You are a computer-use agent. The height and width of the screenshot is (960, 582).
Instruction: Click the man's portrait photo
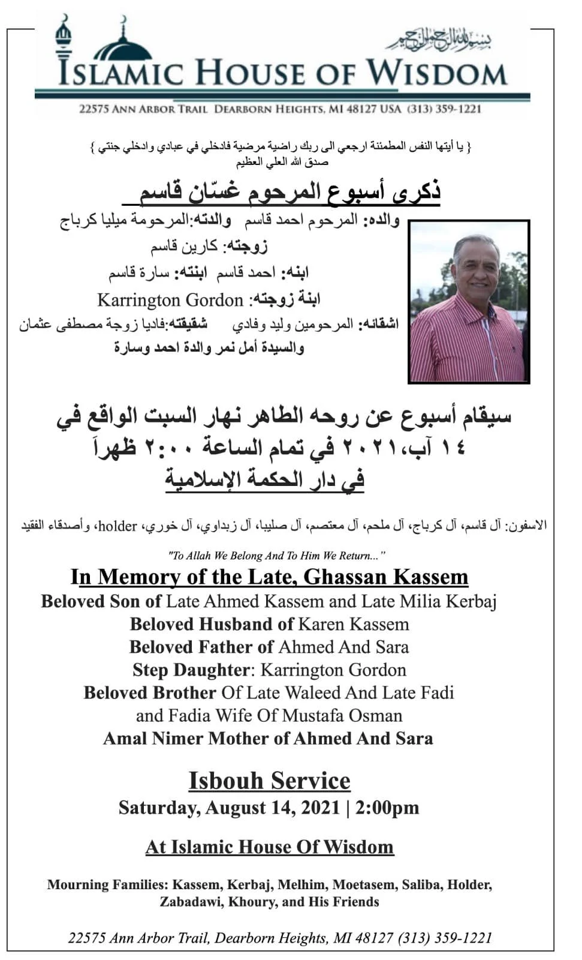coord(469,302)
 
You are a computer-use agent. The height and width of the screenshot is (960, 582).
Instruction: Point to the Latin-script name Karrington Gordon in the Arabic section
coord(170,299)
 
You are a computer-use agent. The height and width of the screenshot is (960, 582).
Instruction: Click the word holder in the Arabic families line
coord(117,526)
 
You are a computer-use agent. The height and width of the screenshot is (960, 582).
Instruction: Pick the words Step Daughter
coord(190,670)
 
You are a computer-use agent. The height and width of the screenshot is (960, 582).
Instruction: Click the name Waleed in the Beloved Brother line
coord(313,692)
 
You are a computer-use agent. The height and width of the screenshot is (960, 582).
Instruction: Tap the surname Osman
coord(375,715)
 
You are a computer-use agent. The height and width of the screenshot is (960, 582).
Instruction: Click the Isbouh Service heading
coord(269,781)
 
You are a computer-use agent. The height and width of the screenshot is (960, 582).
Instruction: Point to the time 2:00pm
coord(387,808)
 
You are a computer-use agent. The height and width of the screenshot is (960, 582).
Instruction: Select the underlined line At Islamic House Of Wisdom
coord(269,847)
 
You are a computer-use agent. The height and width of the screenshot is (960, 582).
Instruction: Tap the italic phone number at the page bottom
coord(444,938)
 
